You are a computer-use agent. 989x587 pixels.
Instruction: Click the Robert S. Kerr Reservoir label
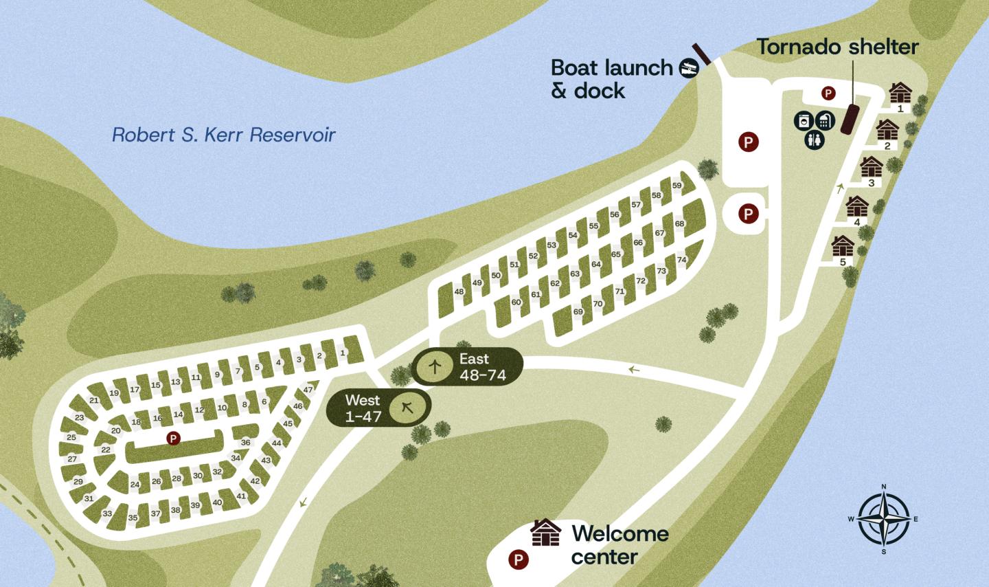(223, 134)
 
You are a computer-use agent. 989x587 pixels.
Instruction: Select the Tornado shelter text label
(837, 47)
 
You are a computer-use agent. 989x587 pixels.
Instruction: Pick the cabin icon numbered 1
(900, 93)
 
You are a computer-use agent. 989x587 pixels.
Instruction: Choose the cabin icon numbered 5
(843, 245)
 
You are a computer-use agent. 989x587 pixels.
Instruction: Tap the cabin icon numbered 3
(872, 167)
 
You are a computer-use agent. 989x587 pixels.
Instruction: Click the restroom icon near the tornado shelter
(814, 140)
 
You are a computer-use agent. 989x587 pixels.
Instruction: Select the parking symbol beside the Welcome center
(519, 560)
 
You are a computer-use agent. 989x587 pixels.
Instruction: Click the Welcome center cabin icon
(545, 533)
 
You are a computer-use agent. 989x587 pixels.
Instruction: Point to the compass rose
(883, 519)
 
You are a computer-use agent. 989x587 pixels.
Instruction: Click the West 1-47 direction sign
(378, 408)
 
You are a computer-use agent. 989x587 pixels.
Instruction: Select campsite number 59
(677, 186)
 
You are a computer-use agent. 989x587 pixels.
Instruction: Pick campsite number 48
(459, 291)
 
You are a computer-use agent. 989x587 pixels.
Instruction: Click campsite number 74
(681, 260)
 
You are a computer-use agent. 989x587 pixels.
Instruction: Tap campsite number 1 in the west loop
(342, 353)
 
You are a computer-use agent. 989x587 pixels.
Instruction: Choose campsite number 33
(107, 513)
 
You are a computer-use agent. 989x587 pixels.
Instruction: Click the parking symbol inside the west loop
(173, 438)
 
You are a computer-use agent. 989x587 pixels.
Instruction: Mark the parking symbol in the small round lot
(747, 214)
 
